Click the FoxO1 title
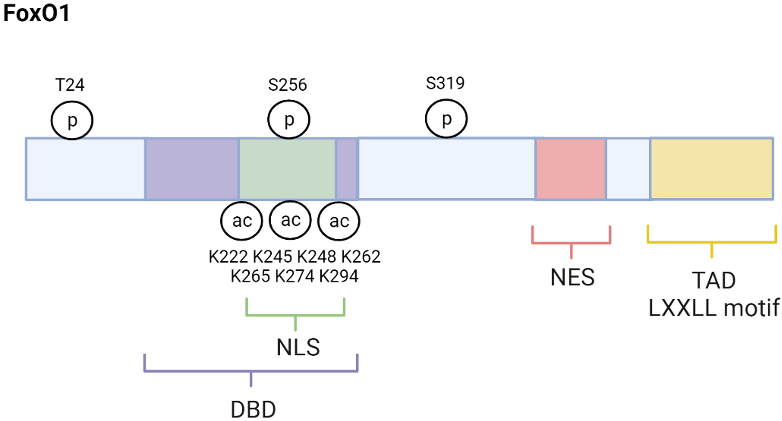36,13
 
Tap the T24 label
70,85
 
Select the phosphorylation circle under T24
72,121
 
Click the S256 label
287,85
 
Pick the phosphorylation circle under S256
289,120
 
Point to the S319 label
445,83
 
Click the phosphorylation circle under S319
446,119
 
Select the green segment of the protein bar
287,169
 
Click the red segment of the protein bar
570,169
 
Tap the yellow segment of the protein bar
711,169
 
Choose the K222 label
228,257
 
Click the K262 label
361,257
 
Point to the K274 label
295,276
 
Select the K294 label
339,276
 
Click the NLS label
298,347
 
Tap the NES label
572,277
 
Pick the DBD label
253,410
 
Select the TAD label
714,281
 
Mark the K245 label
273,257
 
